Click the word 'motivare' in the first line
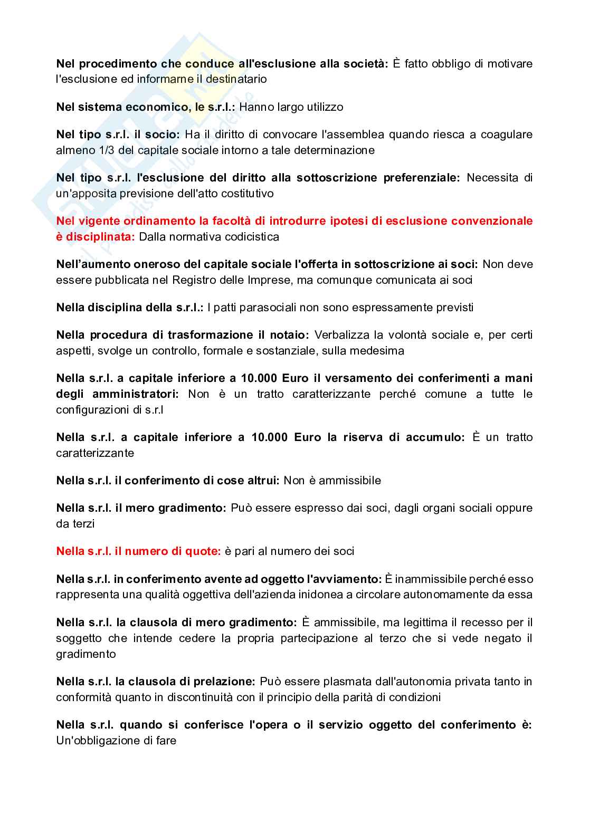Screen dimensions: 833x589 click(x=510, y=64)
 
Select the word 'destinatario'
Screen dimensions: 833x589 click(x=235, y=80)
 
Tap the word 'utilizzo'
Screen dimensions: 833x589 click(x=323, y=107)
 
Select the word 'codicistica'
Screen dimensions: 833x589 click(x=252, y=237)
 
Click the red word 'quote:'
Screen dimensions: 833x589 click(x=203, y=551)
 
